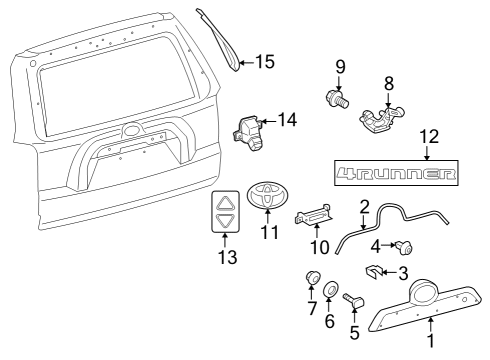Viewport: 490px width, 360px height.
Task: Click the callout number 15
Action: pos(264,62)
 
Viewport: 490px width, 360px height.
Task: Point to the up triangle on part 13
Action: pos(225,201)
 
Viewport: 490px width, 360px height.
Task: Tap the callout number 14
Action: pos(287,120)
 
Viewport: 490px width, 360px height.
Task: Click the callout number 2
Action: pos(365,207)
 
